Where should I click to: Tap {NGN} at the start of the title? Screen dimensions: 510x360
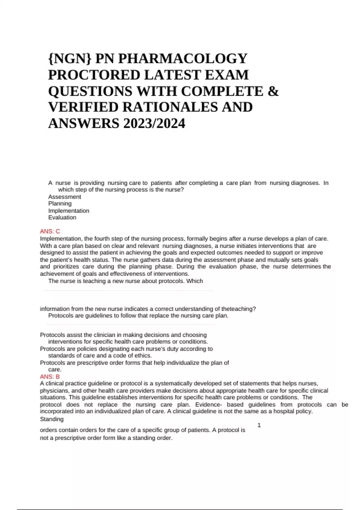click(70, 58)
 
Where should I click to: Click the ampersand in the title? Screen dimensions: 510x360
click(273, 91)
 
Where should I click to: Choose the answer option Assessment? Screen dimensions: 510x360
click(64, 197)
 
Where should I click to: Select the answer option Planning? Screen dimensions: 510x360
click(60, 203)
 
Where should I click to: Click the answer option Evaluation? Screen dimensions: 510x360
click(62, 217)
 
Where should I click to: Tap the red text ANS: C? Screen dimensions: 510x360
click(50, 231)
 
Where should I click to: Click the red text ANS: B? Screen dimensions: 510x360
click(50, 376)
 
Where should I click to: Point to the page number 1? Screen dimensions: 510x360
click(259, 425)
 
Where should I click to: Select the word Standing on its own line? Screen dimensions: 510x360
click(52, 419)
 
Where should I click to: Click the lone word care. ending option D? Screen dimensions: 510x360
click(55, 370)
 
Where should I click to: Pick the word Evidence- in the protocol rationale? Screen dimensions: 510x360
click(208, 404)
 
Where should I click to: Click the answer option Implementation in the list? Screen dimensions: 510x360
click(69, 211)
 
